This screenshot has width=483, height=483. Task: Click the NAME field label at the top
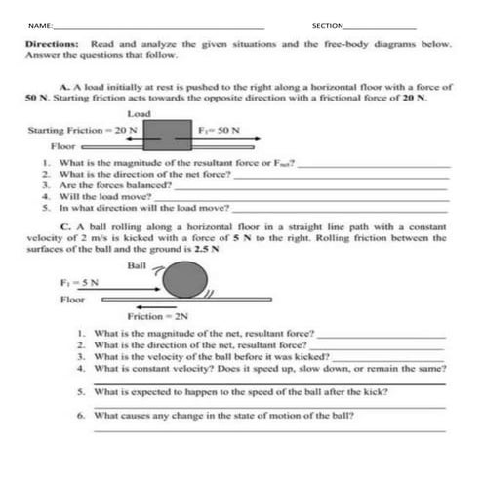click(x=38, y=24)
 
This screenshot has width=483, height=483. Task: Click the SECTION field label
click(x=328, y=24)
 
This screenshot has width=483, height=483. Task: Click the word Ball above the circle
click(x=138, y=264)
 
